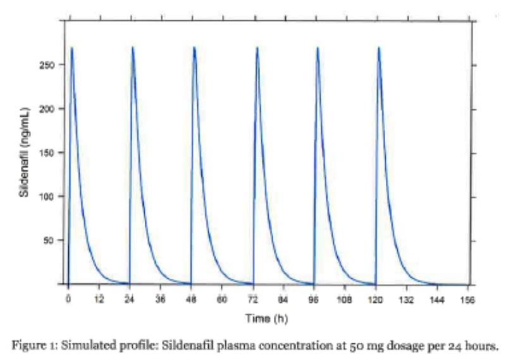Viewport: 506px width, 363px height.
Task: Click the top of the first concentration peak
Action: (72, 47)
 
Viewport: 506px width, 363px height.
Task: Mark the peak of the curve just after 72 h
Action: (257, 47)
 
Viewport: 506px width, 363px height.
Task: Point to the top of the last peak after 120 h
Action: (379, 47)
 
